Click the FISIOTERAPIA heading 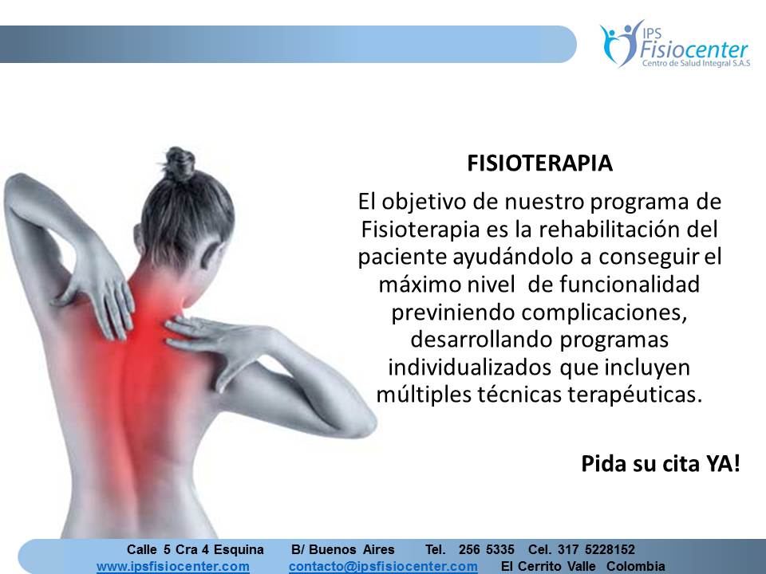point(539,163)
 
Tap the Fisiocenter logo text point(693,49)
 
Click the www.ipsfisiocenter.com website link point(173,566)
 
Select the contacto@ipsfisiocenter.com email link point(383,566)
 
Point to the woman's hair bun point(179,163)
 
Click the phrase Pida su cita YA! point(661,463)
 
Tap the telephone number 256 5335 point(486,549)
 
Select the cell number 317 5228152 point(596,549)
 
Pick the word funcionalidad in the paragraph point(630,284)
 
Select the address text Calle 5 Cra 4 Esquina point(195,549)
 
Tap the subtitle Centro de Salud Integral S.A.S point(696,64)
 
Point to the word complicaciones point(603,313)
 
